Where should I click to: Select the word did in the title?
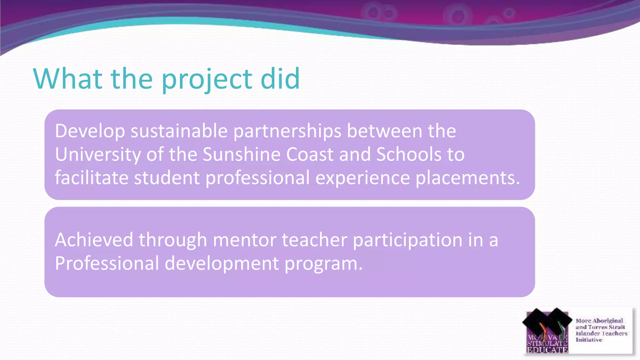click(x=280, y=78)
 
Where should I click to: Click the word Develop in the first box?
click(x=90, y=131)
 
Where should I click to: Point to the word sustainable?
click(x=179, y=131)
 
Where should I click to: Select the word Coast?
click(x=310, y=154)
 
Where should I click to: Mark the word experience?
click(x=362, y=178)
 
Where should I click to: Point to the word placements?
click(x=467, y=178)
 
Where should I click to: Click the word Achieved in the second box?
click(x=94, y=240)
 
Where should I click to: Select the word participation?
click(x=407, y=240)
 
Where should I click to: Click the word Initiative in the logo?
click(x=589, y=340)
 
